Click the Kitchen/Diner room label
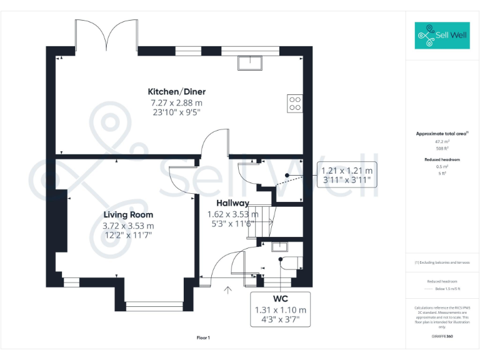176,91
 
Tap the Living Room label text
128,214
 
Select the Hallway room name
232,203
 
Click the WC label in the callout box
280,298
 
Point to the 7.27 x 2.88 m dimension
176,102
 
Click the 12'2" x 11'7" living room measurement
128,236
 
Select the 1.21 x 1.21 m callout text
346,170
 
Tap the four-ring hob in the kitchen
294,102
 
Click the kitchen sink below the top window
250,62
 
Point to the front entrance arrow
228,289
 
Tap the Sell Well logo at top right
442,36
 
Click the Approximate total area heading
442,134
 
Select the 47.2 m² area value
442,142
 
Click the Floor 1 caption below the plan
203,337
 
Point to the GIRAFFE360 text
442,337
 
